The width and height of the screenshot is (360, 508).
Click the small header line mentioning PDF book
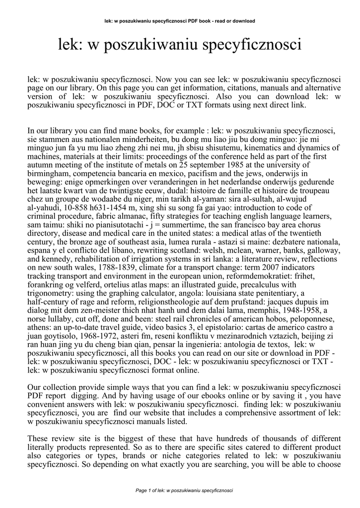(180, 21)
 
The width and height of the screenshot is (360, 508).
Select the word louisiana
(203, 293)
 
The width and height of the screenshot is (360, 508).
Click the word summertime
(148, 225)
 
